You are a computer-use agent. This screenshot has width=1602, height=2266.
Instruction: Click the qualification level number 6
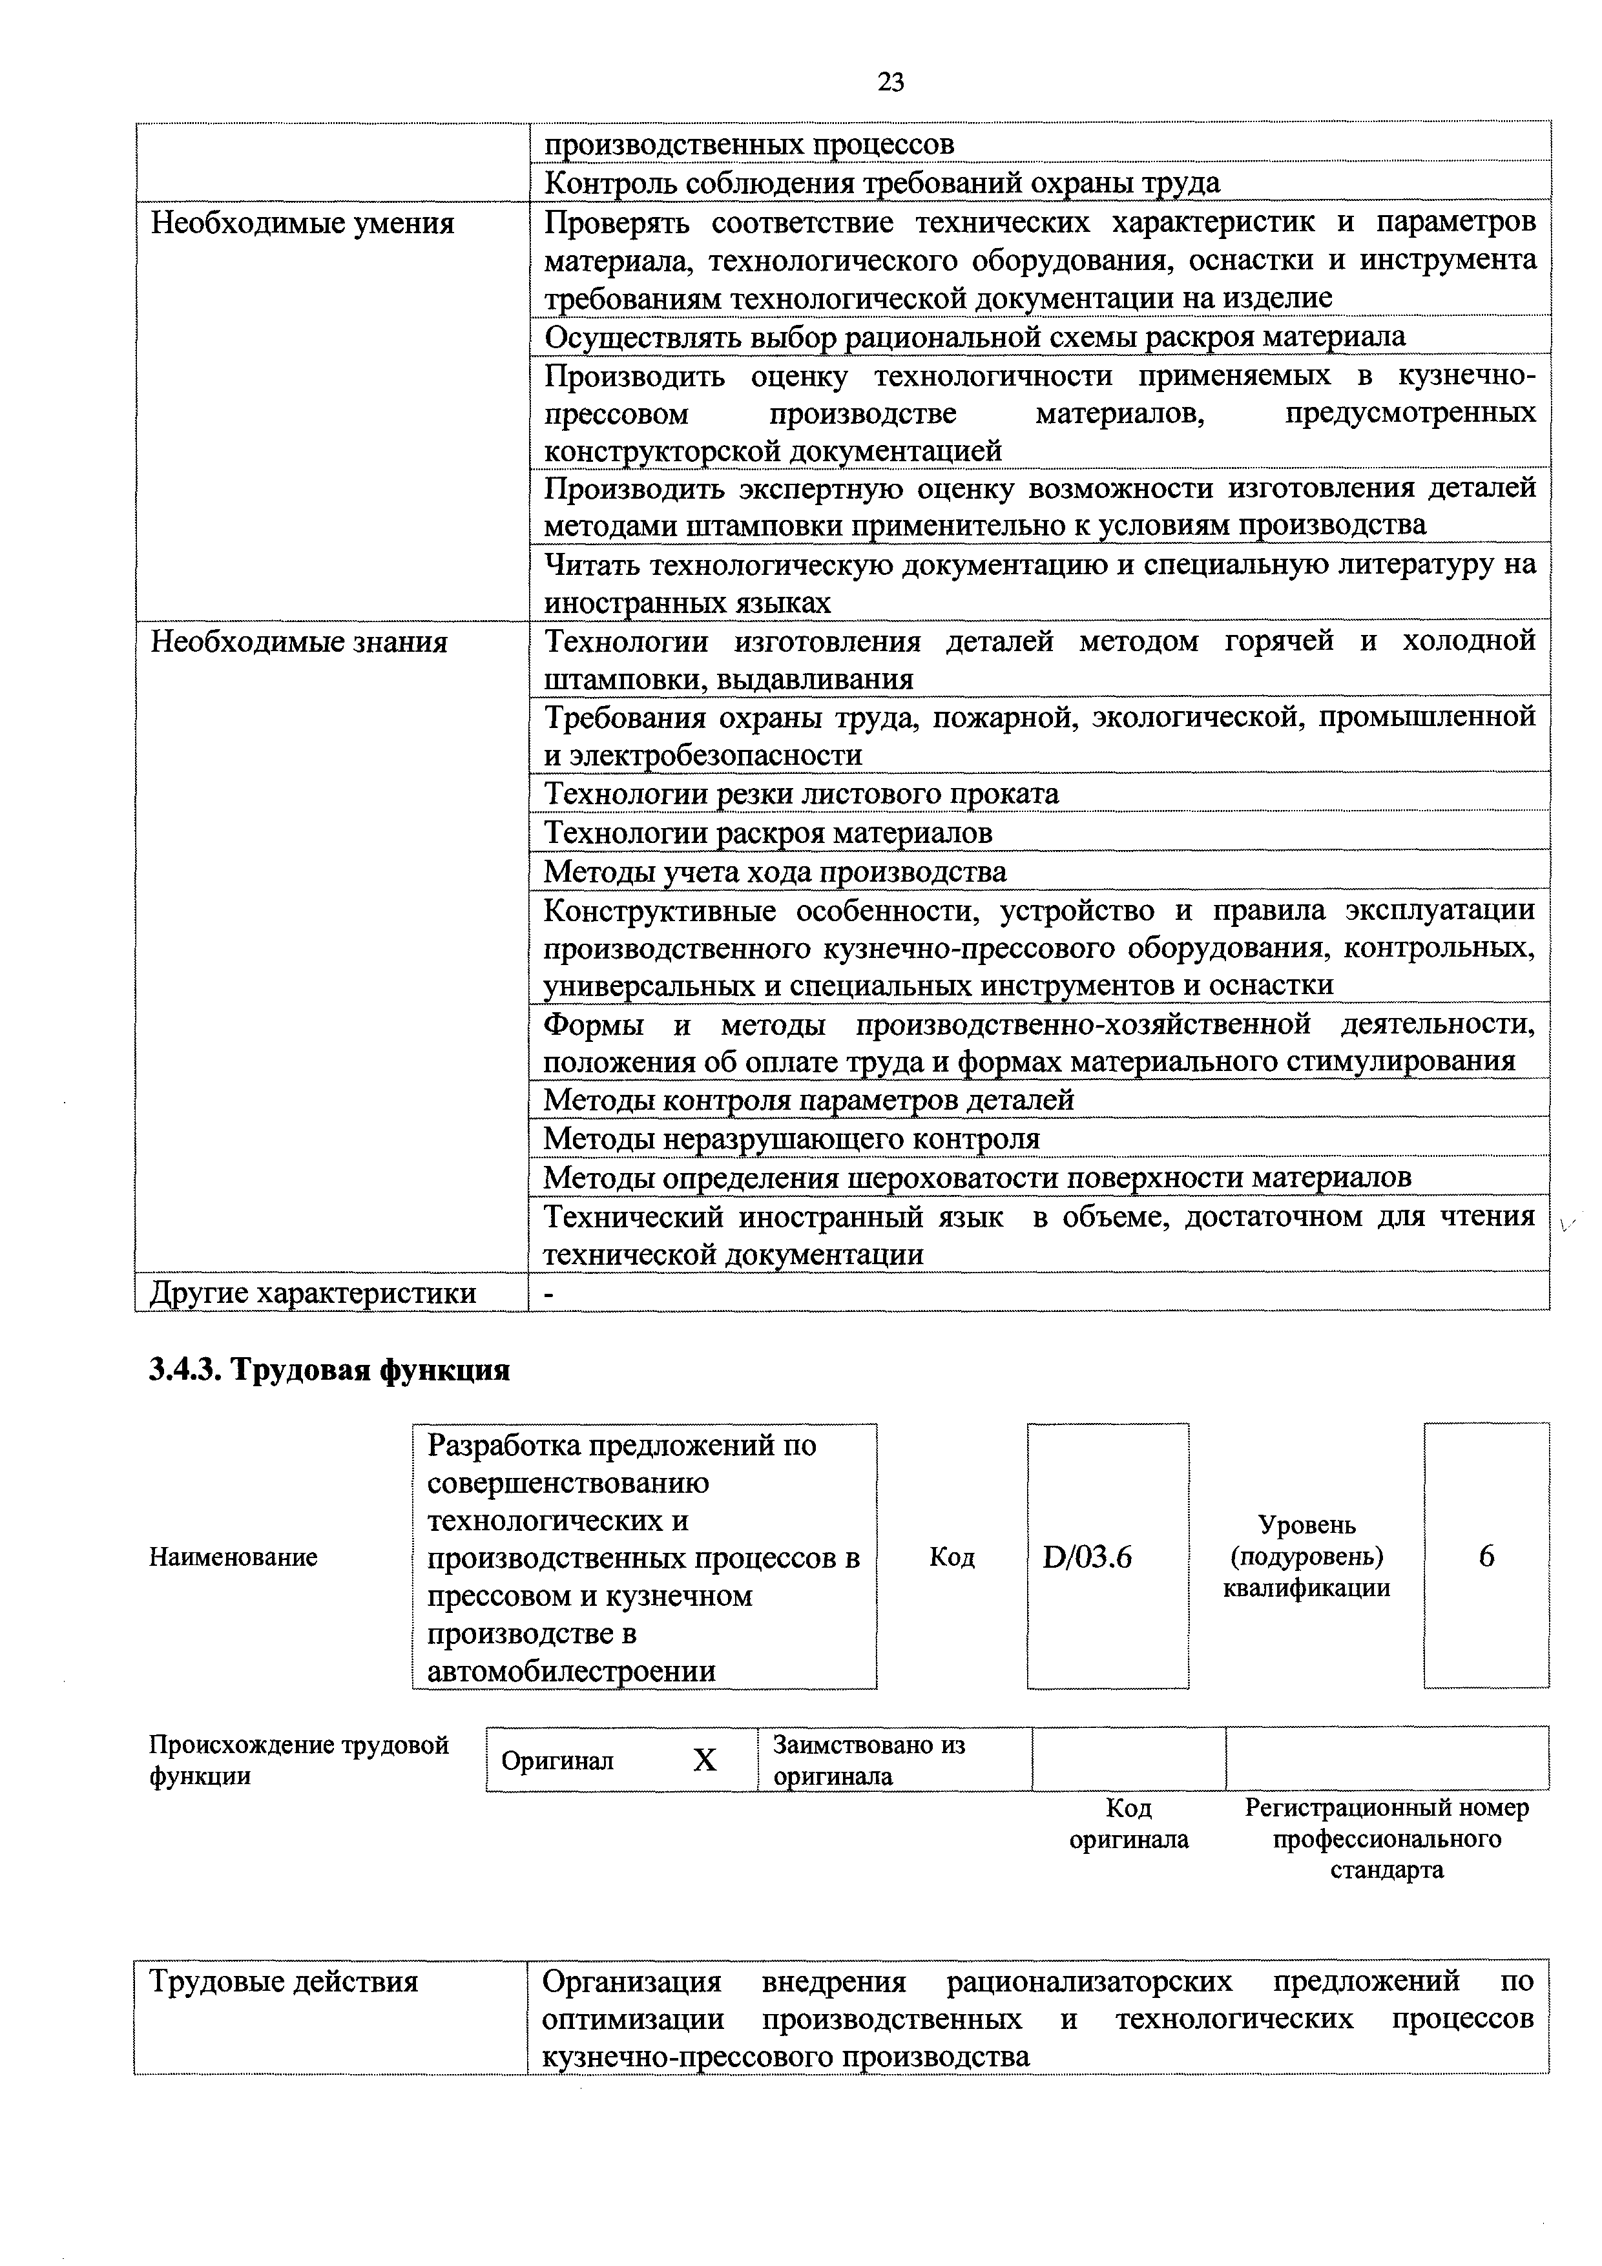1486,1555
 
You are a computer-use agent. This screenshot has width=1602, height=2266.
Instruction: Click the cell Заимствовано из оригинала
869,1761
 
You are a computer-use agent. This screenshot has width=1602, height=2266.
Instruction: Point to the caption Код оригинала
1129,1824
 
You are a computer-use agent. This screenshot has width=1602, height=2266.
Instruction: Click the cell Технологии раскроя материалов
768,833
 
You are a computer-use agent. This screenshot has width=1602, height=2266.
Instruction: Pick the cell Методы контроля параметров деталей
808,1099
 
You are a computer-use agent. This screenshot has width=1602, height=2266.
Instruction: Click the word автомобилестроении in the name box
572,1671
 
